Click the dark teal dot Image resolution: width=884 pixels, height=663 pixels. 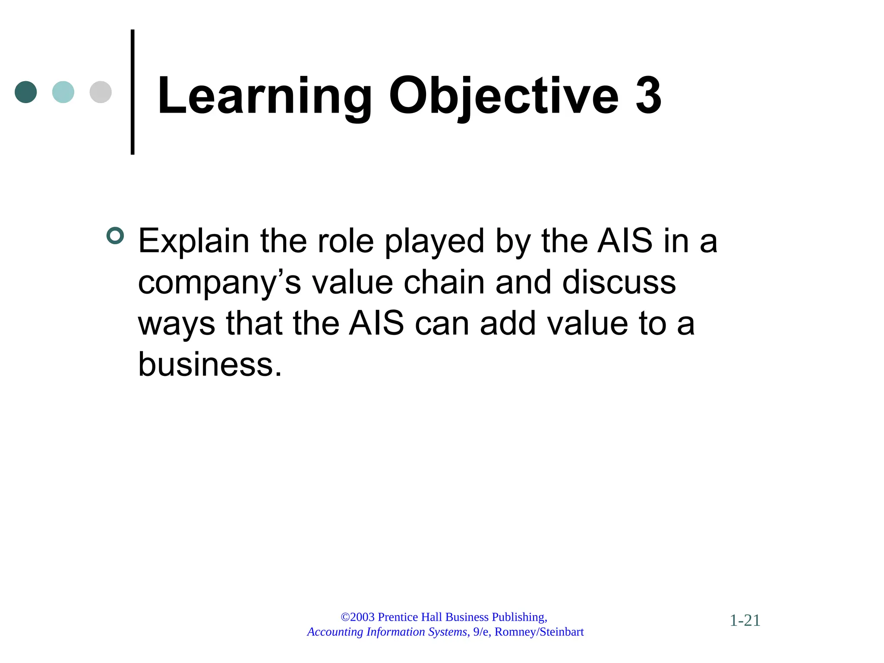coord(26,92)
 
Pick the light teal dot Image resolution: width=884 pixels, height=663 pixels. coord(63,92)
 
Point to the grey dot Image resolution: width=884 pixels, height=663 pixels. coord(101,92)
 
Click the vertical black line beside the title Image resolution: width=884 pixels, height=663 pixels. coord(133,92)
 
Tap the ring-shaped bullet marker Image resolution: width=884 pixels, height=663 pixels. coord(115,236)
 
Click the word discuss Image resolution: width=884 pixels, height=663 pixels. coord(619,282)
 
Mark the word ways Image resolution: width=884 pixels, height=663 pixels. coord(176,325)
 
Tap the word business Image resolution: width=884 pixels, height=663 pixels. coord(210,364)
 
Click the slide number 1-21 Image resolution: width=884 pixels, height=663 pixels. coord(745,621)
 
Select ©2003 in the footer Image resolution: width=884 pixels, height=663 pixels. coord(357,617)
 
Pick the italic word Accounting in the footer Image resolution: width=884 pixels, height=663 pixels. coord(335,632)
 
